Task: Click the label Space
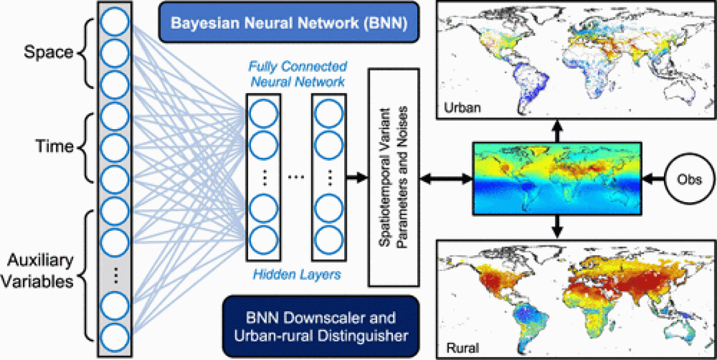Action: tap(48, 52)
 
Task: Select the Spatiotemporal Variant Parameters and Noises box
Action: tap(393, 177)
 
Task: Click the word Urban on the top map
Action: tap(462, 108)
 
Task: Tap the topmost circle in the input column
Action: tap(115, 23)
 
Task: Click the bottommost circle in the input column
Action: tap(115, 336)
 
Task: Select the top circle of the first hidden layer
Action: tap(263, 114)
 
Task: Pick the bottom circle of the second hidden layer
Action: tap(330, 239)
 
